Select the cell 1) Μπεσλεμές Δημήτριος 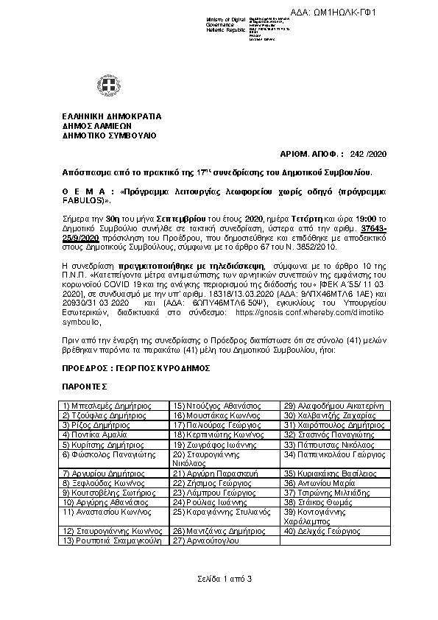(107, 405)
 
